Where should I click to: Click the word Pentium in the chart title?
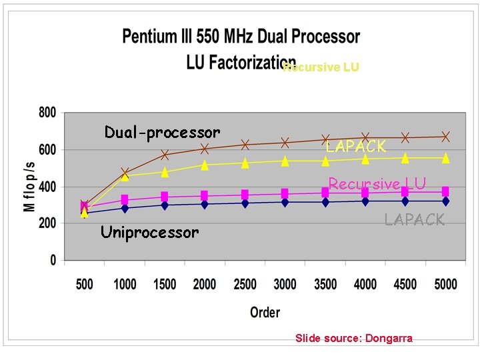pos(150,37)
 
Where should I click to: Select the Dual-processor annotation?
pos(162,133)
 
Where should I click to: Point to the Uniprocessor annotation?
pos(149,233)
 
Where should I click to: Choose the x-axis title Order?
pos(265,312)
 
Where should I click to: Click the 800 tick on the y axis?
pos(47,113)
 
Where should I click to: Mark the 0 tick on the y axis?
pos(53,261)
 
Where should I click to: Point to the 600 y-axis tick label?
pos(47,151)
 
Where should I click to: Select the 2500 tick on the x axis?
pos(245,284)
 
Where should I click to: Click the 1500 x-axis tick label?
pos(165,284)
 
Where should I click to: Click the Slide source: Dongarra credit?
pos(354,339)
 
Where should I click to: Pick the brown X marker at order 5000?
pos(445,137)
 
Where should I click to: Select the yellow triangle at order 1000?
pos(125,177)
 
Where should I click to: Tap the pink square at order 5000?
pos(445,191)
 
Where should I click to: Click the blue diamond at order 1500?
pos(165,205)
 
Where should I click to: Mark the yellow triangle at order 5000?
pos(445,158)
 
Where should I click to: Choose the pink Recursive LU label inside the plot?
pos(377,184)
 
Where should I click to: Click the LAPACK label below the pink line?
pos(414,219)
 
